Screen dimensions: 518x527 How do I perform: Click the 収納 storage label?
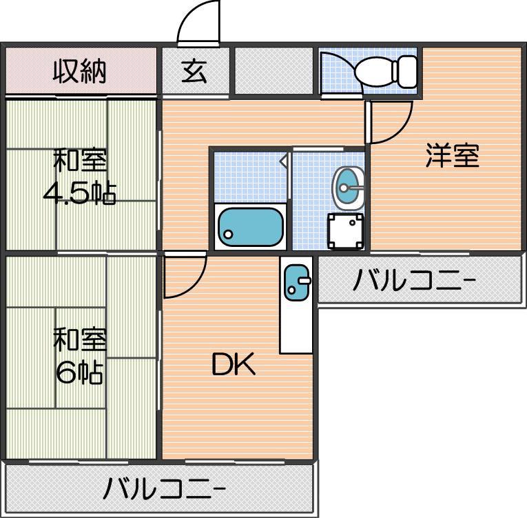(80, 71)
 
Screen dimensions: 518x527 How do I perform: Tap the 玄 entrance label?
(195, 71)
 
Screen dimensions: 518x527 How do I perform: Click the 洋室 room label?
(451, 156)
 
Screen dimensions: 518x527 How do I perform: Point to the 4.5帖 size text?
(79, 194)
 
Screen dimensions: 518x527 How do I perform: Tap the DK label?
(233, 365)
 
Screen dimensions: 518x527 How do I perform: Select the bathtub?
(251, 227)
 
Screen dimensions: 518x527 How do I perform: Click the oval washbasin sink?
(348, 187)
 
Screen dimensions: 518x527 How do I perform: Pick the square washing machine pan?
(345, 232)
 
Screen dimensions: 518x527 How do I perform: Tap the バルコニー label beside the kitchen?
(415, 281)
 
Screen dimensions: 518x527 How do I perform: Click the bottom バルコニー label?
(165, 489)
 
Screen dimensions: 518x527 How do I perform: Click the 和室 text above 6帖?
(80, 339)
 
